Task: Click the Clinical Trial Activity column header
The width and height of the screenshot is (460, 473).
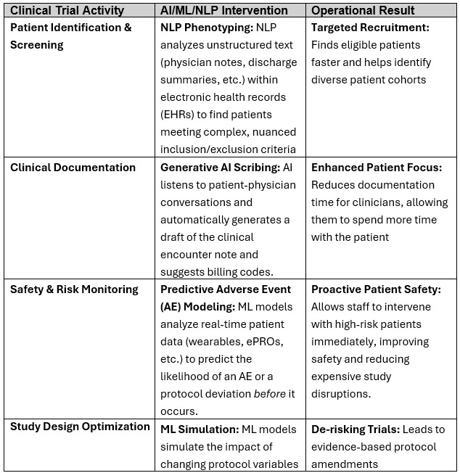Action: tap(67, 11)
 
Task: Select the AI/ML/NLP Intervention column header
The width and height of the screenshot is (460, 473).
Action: tap(224, 11)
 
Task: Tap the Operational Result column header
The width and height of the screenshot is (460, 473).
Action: tap(363, 11)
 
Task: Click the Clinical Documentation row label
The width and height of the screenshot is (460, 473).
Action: tap(73, 168)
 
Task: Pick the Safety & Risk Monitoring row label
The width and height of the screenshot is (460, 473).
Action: tap(74, 289)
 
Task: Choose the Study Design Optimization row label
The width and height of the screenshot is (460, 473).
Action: tap(80, 427)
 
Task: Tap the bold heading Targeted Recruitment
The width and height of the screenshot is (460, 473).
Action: tap(370, 28)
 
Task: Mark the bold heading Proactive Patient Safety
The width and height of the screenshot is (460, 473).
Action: tap(376, 289)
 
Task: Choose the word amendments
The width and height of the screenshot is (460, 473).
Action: tap(346, 464)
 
